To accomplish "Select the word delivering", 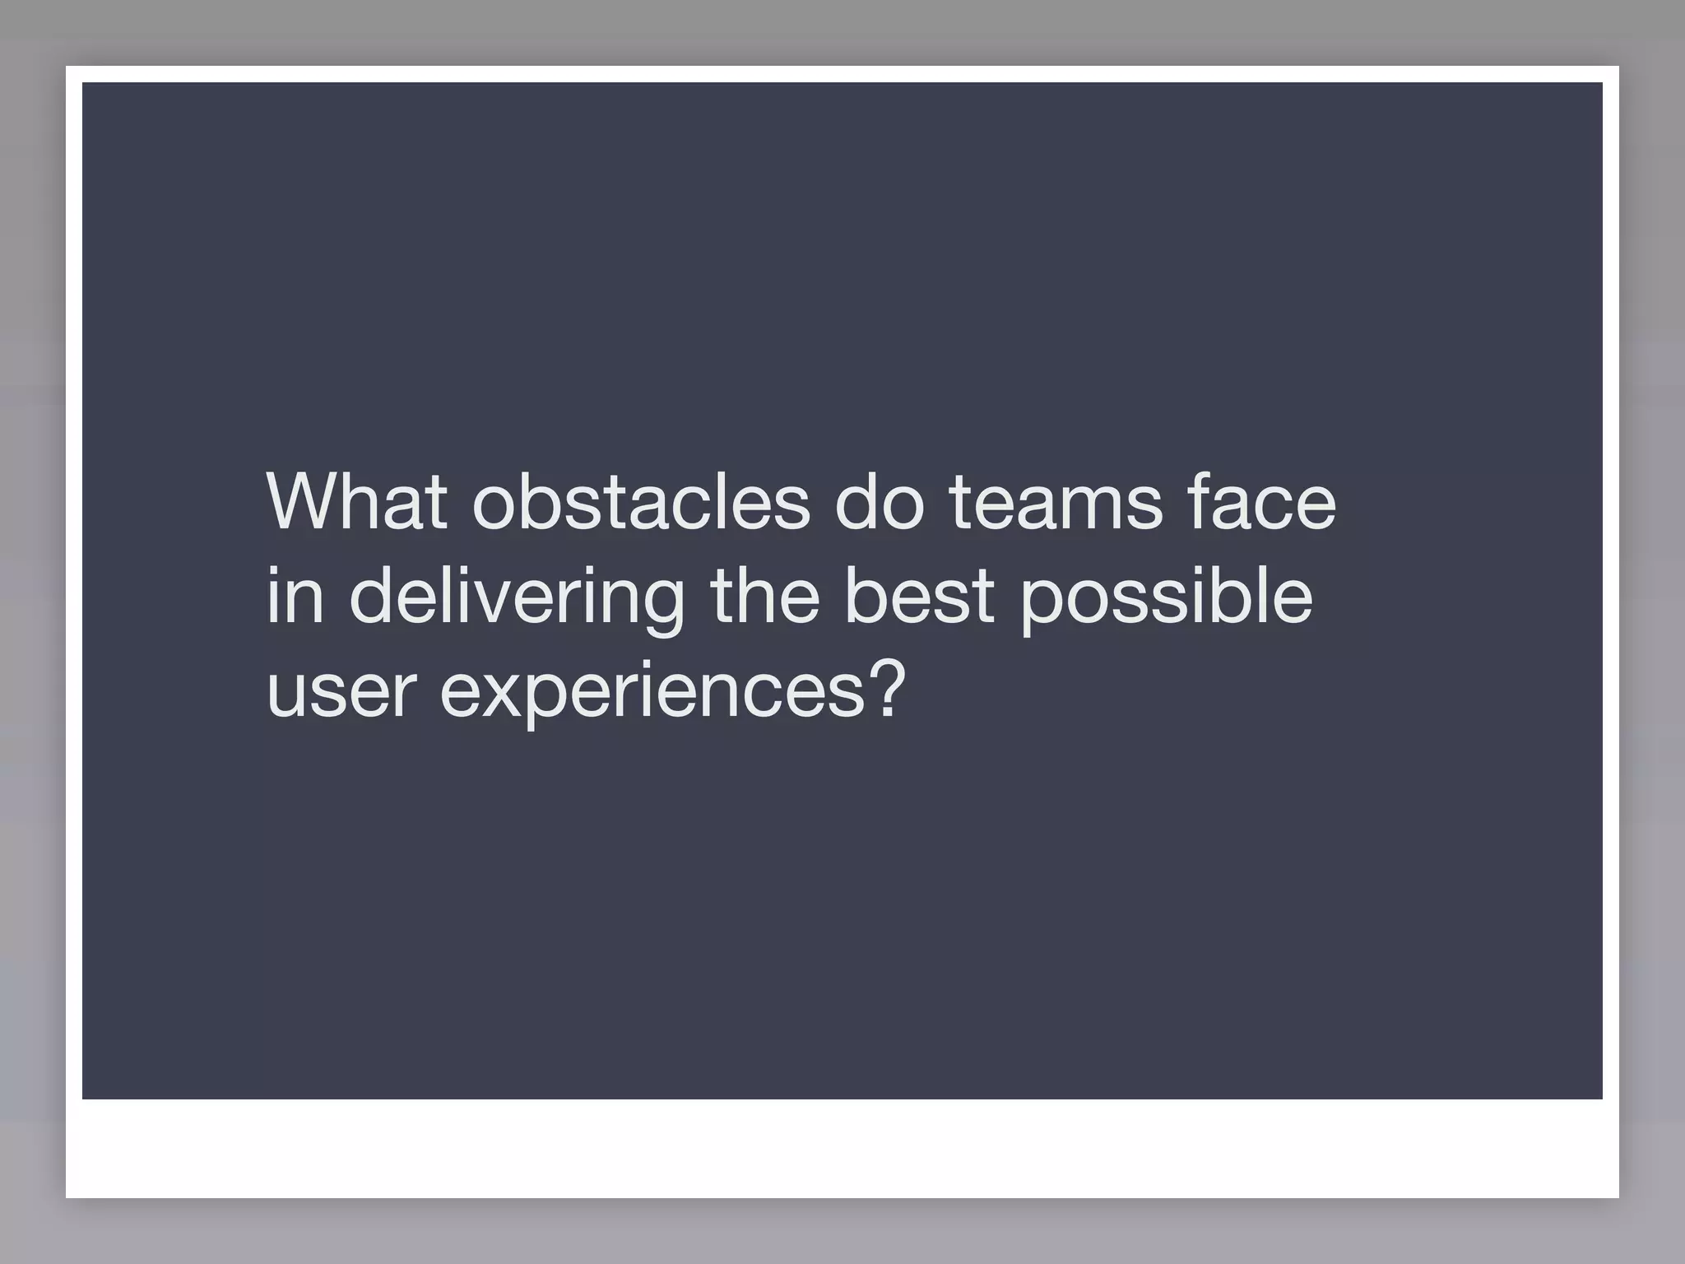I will coord(517,596).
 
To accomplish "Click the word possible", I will coord(1167,596).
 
